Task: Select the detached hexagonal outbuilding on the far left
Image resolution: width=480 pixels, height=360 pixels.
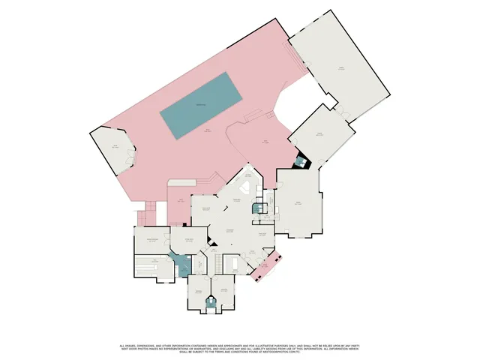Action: point(113,150)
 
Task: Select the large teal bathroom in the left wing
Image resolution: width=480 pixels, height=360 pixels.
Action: point(182,263)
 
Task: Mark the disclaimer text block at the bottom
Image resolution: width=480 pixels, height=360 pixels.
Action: point(240,349)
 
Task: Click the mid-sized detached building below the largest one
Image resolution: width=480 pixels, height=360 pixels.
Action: point(321,136)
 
